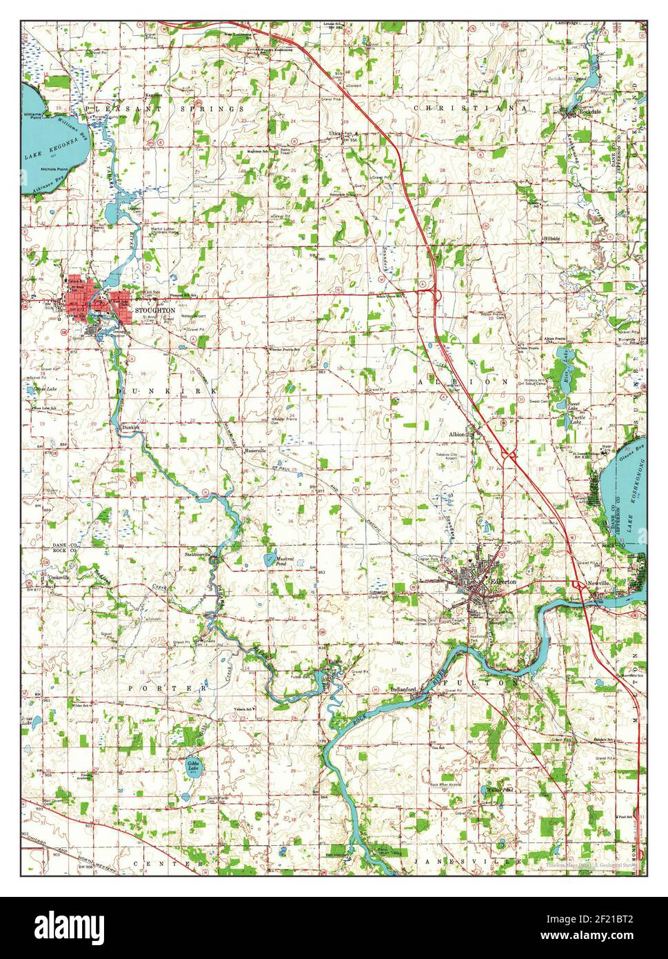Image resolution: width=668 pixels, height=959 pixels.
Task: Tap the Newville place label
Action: (599, 583)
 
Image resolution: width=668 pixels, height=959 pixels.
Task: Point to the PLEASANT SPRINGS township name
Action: (165, 109)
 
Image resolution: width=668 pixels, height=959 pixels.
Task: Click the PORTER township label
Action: (168, 688)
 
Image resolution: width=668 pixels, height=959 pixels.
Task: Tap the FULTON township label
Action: (482, 682)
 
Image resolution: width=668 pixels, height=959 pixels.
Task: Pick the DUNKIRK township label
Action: (165, 390)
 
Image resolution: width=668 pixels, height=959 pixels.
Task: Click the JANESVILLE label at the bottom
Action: (469, 863)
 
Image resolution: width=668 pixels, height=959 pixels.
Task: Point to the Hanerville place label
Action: (260, 451)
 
